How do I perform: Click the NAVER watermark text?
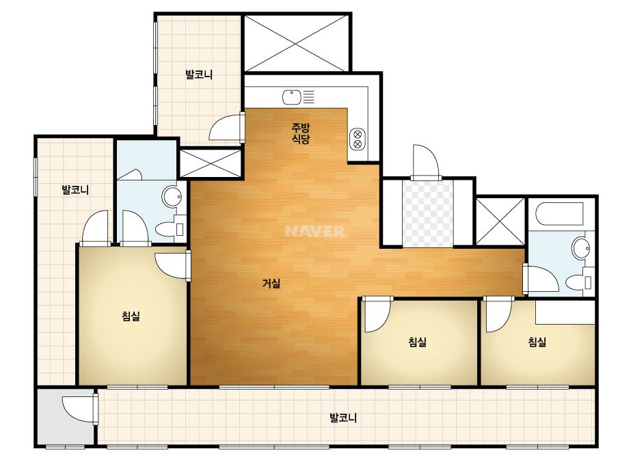pos(314,231)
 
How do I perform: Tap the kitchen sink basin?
pos(291,97)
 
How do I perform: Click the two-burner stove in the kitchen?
pos(358,139)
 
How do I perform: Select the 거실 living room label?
pos(271,284)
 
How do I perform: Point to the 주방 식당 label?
pos(301,133)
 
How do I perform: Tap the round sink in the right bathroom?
pos(581,247)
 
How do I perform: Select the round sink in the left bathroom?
pos(172,196)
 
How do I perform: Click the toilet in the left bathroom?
pos(170,229)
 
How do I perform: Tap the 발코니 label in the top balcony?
pos(199,74)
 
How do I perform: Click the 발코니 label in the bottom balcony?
pos(343,418)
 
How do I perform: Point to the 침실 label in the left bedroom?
pos(131,316)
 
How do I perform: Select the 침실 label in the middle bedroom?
pos(417,342)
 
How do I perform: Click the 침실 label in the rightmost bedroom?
pos(537,342)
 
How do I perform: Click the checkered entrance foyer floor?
pos(428,213)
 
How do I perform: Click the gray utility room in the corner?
pos(66,416)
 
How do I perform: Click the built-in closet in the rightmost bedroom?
pos(565,312)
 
